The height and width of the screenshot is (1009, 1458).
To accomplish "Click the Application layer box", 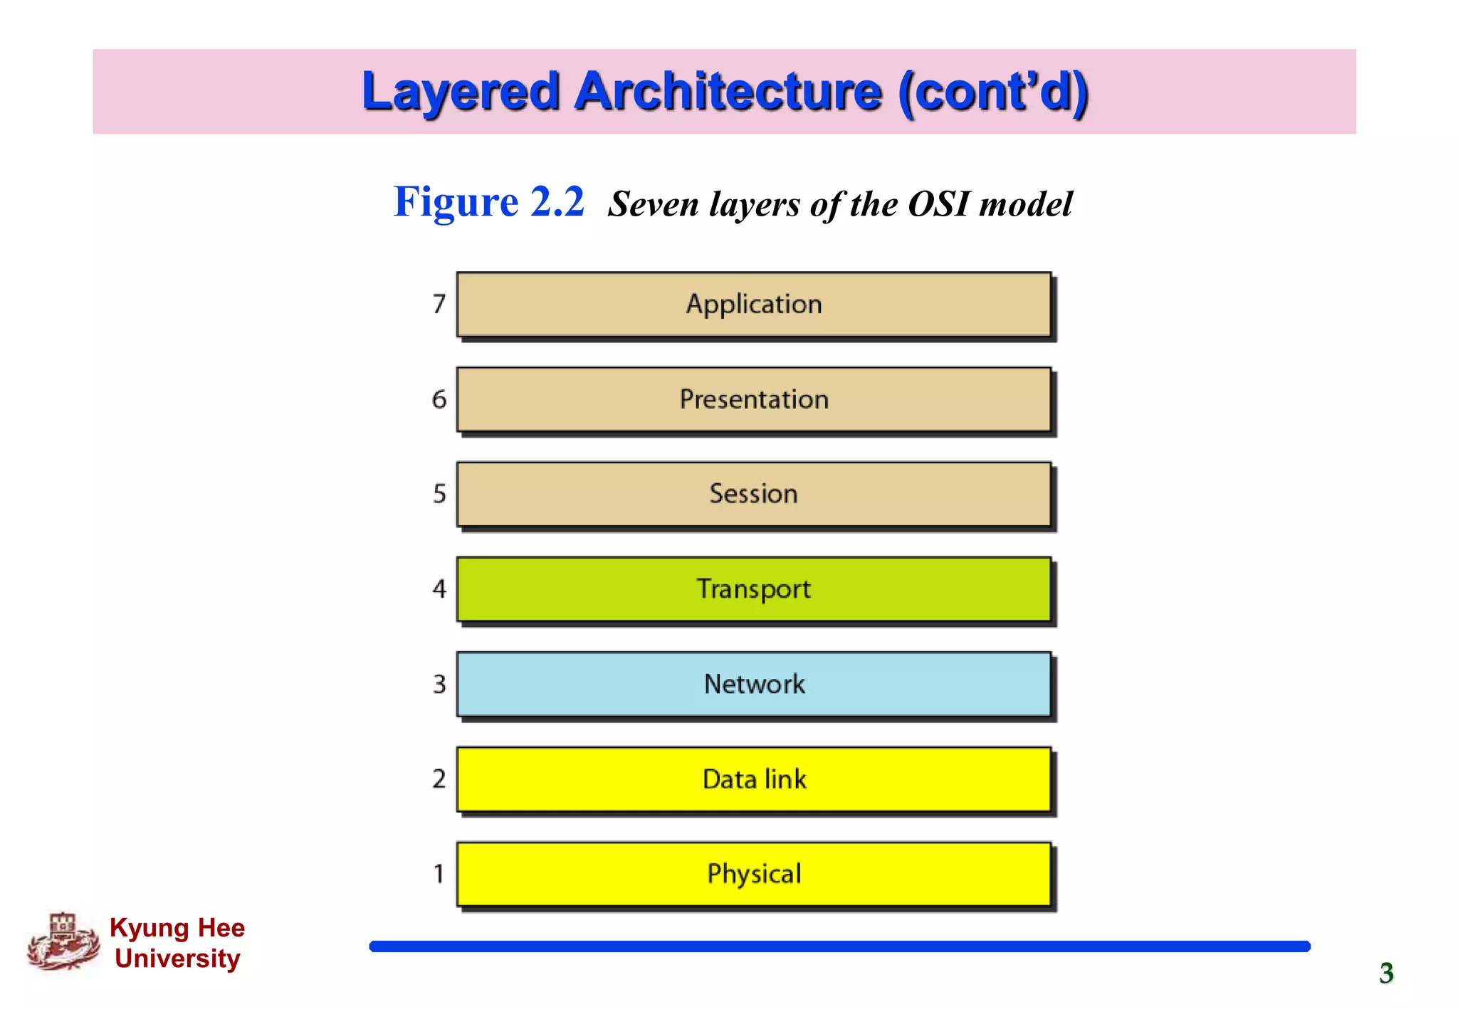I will click(753, 305).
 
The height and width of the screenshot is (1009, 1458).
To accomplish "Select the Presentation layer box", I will click(753, 399).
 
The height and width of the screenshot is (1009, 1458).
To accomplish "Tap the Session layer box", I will click(753, 494).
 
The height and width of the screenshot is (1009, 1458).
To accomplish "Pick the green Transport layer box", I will click(753, 589).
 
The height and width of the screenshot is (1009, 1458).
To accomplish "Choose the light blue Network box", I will click(753, 684).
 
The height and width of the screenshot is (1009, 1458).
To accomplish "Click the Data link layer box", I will click(753, 779).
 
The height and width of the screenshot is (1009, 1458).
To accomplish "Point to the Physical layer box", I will click(753, 874).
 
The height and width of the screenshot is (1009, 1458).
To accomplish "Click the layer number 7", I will click(439, 305).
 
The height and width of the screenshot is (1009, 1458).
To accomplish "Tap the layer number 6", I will click(439, 399).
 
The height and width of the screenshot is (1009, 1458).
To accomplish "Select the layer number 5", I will click(439, 494).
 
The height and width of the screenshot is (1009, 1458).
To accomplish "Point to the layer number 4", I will click(439, 589).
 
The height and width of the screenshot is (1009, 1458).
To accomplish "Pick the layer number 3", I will click(439, 684).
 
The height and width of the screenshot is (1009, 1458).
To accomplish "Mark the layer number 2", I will click(439, 779).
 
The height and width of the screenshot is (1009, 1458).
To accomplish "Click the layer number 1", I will click(439, 874).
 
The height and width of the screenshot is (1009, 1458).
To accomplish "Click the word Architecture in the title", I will click(728, 92).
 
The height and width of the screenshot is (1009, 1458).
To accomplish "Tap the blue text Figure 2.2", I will click(489, 202).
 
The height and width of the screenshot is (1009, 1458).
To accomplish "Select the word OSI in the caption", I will click(938, 205).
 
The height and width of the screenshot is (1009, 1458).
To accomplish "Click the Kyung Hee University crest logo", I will click(63, 942).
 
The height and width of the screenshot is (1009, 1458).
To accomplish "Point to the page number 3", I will click(1386, 973).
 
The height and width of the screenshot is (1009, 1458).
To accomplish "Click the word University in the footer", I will click(177, 958).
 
